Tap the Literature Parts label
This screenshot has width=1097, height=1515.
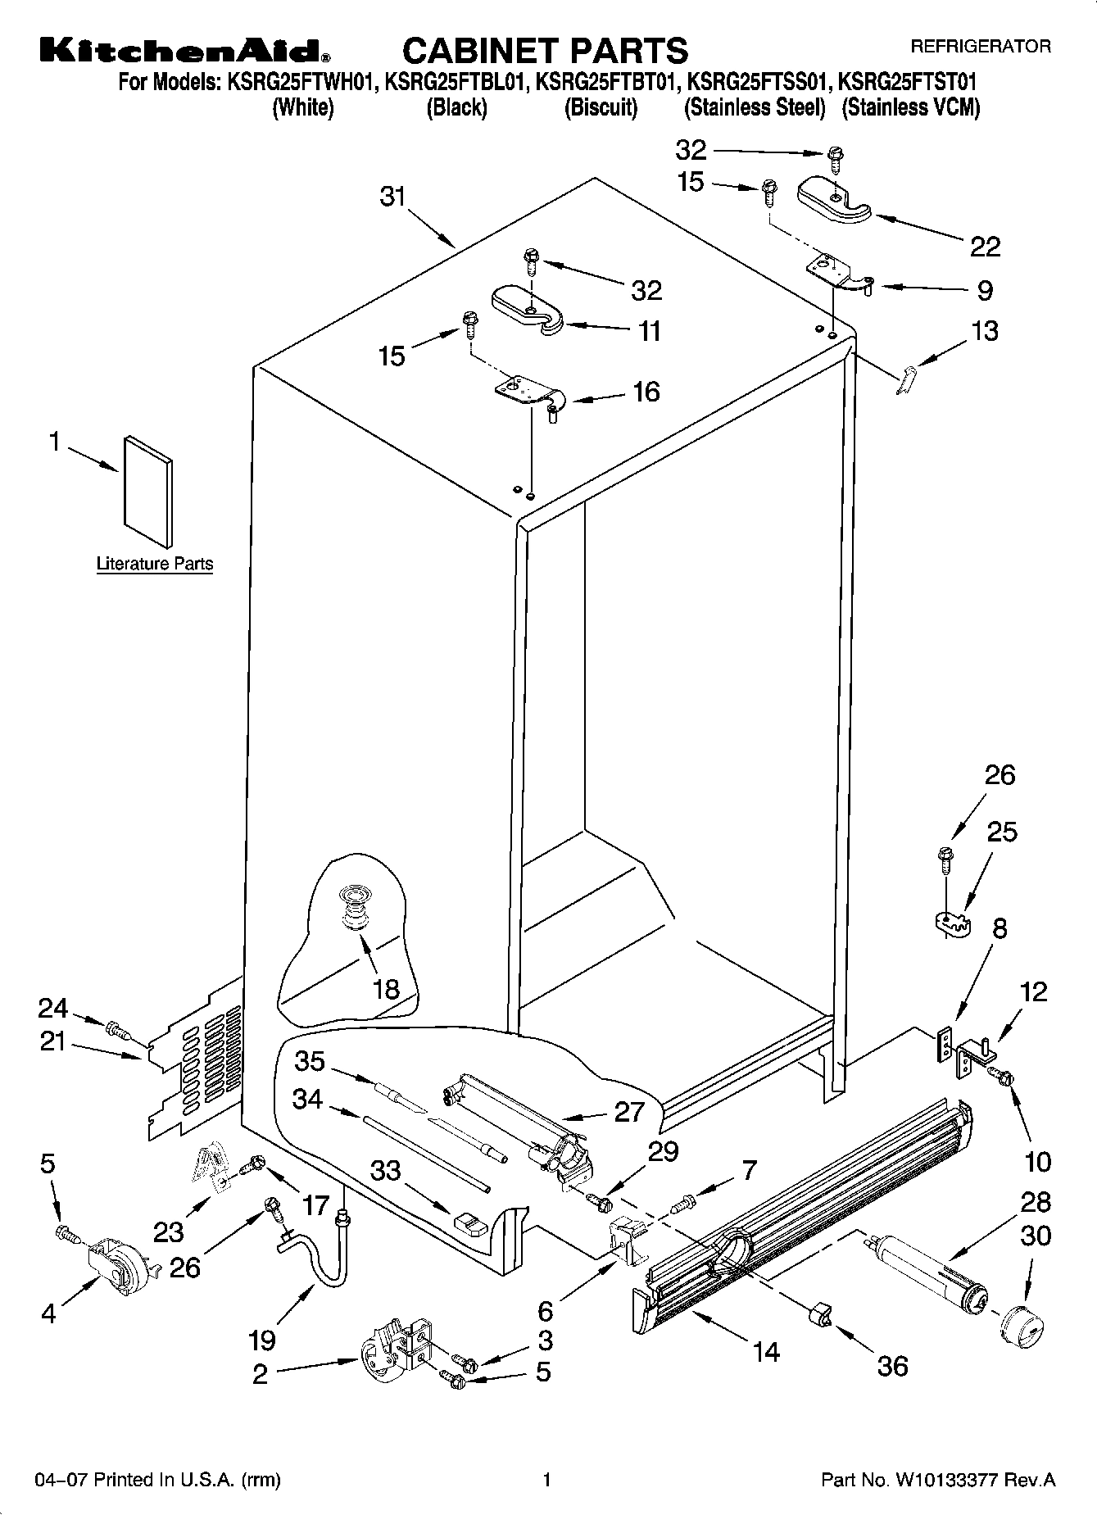154,564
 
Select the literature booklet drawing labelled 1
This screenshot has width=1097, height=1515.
148,491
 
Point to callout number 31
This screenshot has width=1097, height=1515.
393,197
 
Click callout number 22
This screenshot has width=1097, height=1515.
986,247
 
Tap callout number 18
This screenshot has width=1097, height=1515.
386,989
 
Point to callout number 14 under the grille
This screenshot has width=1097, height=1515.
767,1350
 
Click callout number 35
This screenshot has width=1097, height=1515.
311,1061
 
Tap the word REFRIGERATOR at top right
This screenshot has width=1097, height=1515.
981,47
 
